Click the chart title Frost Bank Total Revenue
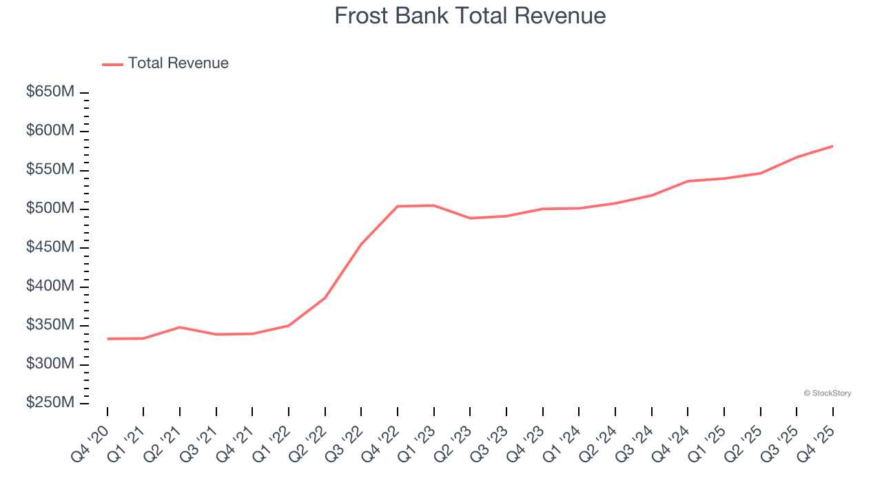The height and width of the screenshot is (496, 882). click(x=470, y=15)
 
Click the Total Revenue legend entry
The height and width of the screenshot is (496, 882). click(x=178, y=63)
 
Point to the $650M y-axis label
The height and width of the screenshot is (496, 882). click(x=50, y=92)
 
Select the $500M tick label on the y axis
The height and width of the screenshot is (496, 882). click(x=50, y=208)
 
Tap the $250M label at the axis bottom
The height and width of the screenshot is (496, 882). click(x=50, y=402)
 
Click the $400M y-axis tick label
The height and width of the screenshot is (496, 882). click(x=50, y=286)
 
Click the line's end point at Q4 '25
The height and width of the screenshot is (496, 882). click(x=832, y=146)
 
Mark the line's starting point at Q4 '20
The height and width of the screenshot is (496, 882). click(x=107, y=339)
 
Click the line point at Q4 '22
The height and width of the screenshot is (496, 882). click(x=398, y=206)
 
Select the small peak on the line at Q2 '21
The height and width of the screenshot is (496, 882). click(x=180, y=327)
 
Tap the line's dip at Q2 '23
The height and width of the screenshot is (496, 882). click(x=470, y=218)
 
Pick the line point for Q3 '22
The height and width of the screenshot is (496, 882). click(x=361, y=244)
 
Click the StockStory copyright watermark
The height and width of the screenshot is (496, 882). click(x=827, y=393)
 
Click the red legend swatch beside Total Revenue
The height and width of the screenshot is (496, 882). click(x=112, y=64)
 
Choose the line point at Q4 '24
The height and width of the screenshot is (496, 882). click(x=688, y=181)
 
